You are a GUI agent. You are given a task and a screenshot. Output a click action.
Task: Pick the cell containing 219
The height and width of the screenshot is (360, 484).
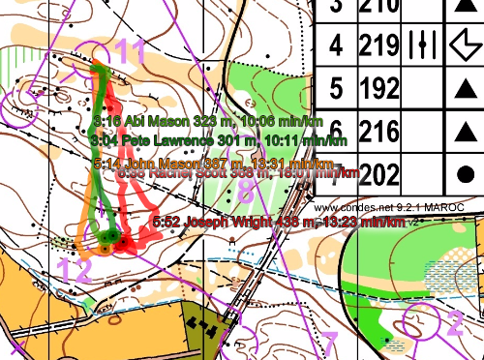pyautogui.click(x=379, y=45)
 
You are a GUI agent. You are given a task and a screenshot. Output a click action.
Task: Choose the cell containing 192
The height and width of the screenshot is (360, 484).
pyautogui.click(x=379, y=90)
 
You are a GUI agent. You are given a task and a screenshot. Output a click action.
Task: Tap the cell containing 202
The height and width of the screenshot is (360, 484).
pyautogui.click(x=379, y=175)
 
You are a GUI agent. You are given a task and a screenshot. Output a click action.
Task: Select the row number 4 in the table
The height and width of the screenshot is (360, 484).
pyautogui.click(x=336, y=45)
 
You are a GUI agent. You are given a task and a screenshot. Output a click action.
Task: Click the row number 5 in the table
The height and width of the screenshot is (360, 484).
pyautogui.click(x=336, y=90)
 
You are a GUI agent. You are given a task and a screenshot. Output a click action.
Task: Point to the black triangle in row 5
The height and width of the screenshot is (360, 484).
pyautogui.click(x=465, y=90)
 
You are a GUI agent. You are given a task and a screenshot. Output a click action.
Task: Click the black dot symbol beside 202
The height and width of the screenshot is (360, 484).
pyautogui.click(x=465, y=174)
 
